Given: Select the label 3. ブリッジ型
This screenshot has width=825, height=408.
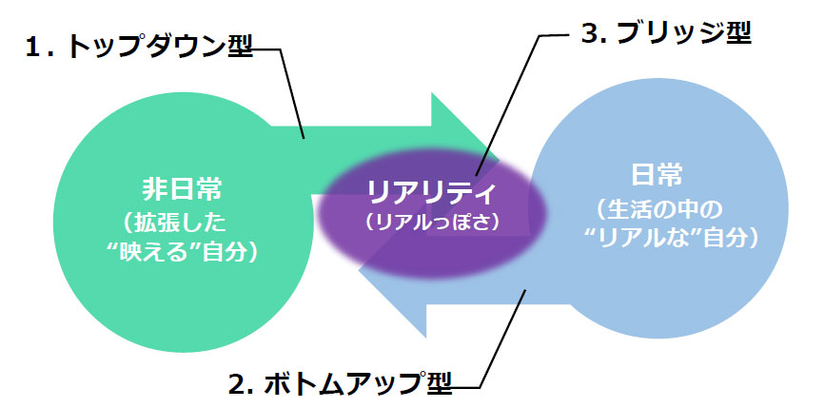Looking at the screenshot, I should pos(665,34).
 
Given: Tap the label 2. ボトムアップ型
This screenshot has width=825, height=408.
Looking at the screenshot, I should pos(339,384).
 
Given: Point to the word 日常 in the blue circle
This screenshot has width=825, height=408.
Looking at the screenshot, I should pos(658,176).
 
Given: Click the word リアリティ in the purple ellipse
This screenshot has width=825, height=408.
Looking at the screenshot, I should pos(432,194).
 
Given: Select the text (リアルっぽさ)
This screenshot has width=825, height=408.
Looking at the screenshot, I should pos(432,222).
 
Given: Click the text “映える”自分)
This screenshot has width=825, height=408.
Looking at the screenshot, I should pos(173,253).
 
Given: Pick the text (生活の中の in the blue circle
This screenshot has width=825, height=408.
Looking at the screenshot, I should pos(658,207).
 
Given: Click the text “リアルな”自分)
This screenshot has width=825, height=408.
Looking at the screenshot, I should pos(658,238).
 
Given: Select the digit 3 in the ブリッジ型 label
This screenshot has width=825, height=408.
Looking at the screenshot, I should pos(586,34).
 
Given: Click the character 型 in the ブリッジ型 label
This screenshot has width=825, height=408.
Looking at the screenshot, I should pos(735,34).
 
